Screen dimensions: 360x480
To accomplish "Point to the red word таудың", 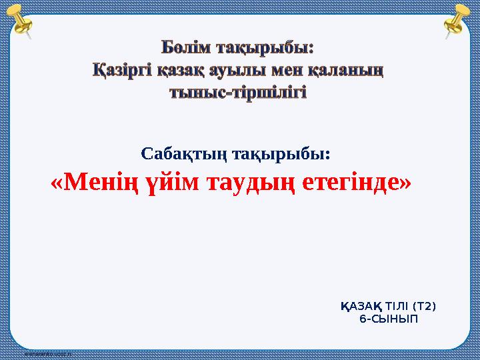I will [253, 181].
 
